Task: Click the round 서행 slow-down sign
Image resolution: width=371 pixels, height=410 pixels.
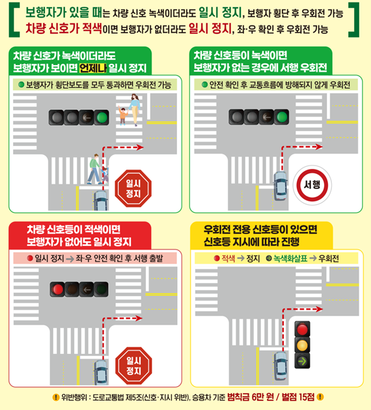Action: tap(312, 185)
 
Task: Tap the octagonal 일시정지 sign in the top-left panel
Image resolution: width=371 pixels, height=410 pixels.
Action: tap(133, 188)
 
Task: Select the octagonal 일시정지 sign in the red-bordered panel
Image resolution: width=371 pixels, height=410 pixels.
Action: tap(133, 366)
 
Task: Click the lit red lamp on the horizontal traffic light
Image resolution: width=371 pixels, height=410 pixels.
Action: tap(57, 289)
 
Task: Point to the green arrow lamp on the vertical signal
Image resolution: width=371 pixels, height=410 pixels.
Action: tap(303, 361)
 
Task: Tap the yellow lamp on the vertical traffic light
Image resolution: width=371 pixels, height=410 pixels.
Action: tap(303, 345)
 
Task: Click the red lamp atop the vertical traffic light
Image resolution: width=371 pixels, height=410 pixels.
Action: tap(303, 329)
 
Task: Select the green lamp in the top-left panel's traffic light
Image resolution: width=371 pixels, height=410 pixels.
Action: tap(102, 117)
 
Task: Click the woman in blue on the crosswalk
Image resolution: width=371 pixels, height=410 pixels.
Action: tap(134, 110)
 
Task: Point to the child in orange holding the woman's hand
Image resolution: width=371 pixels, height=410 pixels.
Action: tap(122, 115)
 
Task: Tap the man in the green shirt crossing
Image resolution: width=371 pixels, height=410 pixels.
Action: tap(94, 169)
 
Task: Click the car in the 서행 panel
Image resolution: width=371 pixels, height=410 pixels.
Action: tap(281, 186)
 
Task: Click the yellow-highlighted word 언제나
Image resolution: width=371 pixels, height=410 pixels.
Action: tap(93, 68)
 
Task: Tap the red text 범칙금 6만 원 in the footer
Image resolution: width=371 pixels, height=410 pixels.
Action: tap(251, 397)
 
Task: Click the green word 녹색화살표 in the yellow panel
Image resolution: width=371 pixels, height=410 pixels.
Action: tap(290, 259)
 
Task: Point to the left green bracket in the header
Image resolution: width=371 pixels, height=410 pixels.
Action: tap(14, 20)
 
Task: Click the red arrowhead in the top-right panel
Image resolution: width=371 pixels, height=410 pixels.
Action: tap(319, 147)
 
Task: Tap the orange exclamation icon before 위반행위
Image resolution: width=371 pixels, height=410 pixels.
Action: tap(56, 398)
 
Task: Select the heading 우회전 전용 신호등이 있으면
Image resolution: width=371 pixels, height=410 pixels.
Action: tap(260, 229)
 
